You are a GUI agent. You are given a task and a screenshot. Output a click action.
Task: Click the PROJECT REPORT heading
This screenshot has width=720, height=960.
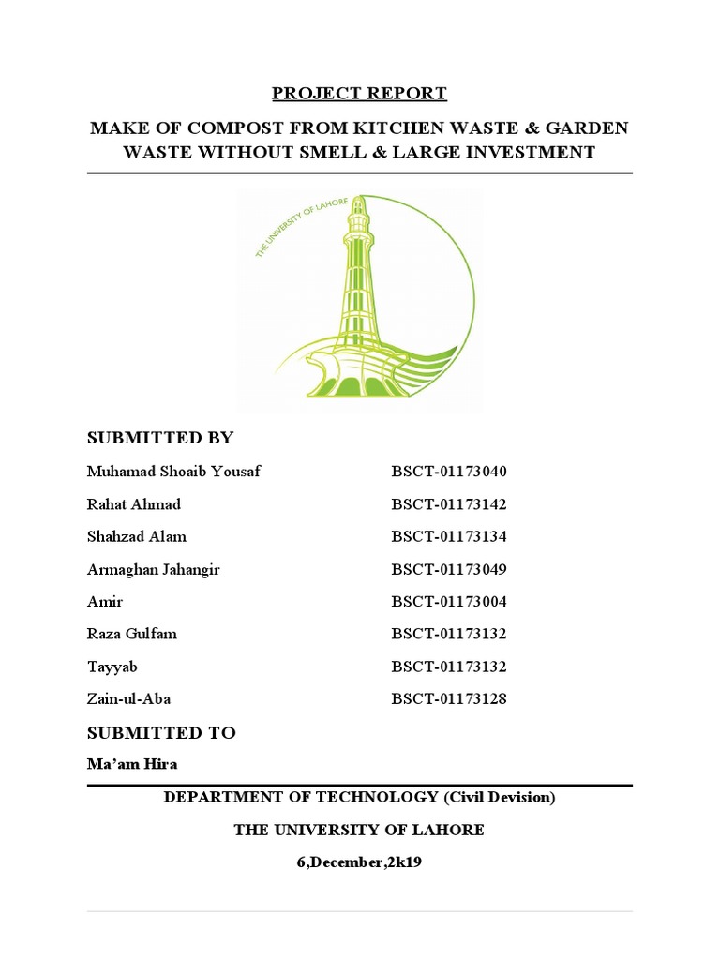click(x=359, y=94)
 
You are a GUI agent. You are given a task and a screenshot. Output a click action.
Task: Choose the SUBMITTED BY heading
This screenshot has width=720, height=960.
click(x=160, y=438)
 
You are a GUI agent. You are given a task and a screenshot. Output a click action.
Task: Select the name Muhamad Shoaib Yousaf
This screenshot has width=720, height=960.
click(x=173, y=472)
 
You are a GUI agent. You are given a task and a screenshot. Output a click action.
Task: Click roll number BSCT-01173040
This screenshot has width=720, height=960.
click(x=448, y=472)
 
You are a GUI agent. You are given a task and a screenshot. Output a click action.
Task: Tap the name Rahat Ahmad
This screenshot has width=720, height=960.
click(x=134, y=504)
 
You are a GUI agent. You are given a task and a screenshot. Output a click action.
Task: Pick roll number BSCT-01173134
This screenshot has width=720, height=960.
click(x=448, y=536)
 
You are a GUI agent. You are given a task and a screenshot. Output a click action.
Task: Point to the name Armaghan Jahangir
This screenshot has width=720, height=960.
click(x=154, y=569)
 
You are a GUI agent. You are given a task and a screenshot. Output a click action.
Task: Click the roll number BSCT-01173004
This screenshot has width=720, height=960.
click(x=448, y=602)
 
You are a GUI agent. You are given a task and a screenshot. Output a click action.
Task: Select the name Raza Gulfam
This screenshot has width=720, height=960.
click(x=132, y=634)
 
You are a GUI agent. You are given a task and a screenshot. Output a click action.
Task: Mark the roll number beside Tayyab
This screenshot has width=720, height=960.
click(x=448, y=667)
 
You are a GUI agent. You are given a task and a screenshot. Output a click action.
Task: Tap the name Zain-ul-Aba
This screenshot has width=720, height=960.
click(x=129, y=699)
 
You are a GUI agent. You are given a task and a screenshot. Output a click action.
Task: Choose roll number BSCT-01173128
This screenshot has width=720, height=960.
click(x=448, y=699)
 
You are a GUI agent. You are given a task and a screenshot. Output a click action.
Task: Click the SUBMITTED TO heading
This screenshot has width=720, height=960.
click(x=161, y=733)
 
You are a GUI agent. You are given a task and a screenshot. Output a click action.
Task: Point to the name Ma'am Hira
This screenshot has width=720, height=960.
click(x=132, y=764)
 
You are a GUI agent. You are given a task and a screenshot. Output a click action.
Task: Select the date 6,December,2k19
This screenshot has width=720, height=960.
click(x=359, y=862)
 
